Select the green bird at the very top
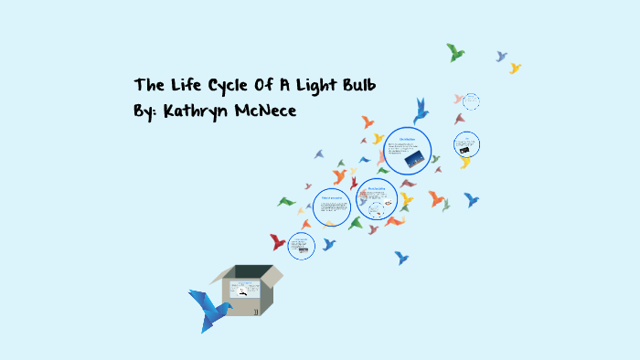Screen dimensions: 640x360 (x=455, y=52)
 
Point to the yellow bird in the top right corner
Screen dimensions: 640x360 (x=515, y=68)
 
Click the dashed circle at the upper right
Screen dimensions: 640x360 (x=471, y=101)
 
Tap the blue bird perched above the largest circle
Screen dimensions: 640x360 (x=421, y=111)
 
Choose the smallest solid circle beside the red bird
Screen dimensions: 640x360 (x=302, y=245)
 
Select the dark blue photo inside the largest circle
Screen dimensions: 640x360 (x=413, y=159)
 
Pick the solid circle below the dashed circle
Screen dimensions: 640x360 (x=466, y=143)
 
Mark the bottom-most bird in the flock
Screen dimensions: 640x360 (x=400, y=259)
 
